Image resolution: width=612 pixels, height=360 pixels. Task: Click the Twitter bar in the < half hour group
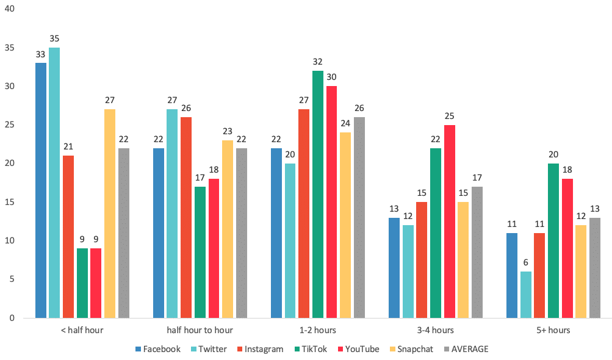click(54, 183)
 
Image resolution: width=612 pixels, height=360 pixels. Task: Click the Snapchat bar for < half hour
click(110, 214)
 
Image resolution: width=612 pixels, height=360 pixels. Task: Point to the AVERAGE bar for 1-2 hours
click(359, 217)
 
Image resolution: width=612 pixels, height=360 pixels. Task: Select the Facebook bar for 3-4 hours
click(394, 268)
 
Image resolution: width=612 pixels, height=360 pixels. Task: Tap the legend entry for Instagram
click(261, 349)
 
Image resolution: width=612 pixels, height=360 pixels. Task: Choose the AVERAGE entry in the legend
click(467, 349)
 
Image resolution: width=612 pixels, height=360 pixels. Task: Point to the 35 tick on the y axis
click(11, 48)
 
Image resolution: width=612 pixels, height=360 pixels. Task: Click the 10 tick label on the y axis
click(11, 240)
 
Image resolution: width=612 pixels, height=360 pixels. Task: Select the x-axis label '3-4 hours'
click(436, 330)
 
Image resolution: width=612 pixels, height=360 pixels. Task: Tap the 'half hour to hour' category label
click(200, 330)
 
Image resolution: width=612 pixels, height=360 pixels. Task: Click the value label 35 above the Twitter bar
click(54, 38)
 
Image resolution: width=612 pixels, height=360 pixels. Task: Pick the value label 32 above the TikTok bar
click(318, 62)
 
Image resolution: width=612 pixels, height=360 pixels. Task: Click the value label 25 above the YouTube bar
click(450, 116)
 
